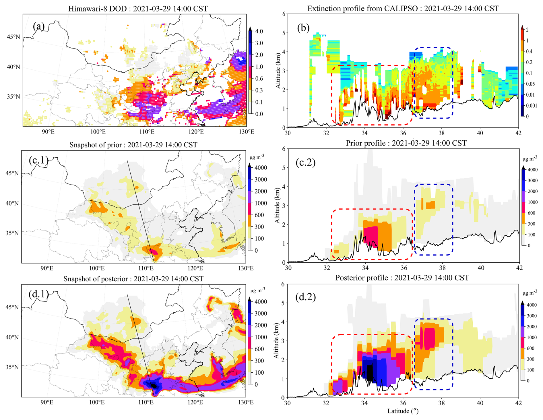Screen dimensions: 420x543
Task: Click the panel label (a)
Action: [39, 26]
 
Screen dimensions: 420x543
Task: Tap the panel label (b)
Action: [303, 28]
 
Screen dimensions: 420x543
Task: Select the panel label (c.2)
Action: [306, 162]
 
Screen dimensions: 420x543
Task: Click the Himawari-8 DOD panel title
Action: [138, 9]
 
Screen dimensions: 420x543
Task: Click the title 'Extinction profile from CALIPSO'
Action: [403, 9]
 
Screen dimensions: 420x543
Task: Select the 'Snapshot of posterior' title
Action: [133, 279]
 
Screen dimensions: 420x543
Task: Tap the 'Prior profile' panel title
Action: [406, 143]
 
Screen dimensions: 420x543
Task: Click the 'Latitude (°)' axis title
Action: [403, 411]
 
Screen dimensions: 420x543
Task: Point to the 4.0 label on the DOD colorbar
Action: [259, 31]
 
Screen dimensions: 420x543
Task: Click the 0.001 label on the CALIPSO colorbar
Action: [531, 106]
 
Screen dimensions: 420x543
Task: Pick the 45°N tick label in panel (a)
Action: [13, 37]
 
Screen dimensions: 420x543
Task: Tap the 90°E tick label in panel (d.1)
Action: [46, 402]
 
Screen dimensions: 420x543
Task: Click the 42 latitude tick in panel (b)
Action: [518, 133]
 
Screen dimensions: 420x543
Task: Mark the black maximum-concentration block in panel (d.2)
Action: [370, 372]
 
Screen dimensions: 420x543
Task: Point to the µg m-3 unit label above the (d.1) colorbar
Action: [257, 291]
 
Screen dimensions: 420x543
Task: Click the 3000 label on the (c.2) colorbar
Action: [532, 181]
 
